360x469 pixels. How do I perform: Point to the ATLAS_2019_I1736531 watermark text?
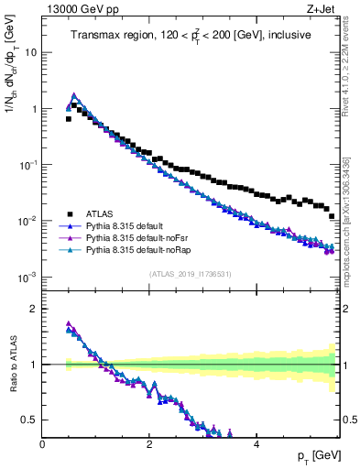pos(189,274)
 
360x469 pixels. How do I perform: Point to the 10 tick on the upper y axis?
pos(31,52)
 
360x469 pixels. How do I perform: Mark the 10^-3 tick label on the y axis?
pos(27,277)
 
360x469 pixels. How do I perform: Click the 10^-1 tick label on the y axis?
pos(27,165)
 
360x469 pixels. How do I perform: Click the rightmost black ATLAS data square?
pos(332,217)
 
